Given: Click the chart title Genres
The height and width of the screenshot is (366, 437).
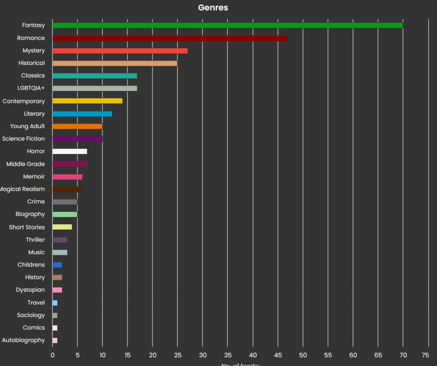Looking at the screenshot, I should pyautogui.click(x=213, y=8).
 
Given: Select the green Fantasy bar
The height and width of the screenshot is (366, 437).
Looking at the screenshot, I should pyautogui.click(x=227, y=25).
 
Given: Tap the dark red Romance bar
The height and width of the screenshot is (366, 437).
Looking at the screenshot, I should pyautogui.click(x=170, y=38).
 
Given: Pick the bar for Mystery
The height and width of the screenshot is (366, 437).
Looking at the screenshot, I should pyautogui.click(x=120, y=51).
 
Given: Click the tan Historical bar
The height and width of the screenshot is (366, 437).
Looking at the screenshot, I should pyautogui.click(x=115, y=63).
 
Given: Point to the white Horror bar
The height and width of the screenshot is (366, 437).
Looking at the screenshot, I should pyautogui.click(x=70, y=151).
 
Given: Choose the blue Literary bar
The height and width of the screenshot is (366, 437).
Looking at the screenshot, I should pyautogui.click(x=82, y=114).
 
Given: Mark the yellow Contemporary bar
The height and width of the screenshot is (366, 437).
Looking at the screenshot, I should pyautogui.click(x=87, y=101).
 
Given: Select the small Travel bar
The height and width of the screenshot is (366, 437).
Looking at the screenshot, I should pyautogui.click(x=55, y=303).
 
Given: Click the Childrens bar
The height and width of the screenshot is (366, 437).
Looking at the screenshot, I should pyautogui.click(x=57, y=265).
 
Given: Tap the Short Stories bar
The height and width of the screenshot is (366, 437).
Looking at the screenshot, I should pyautogui.click(x=62, y=227).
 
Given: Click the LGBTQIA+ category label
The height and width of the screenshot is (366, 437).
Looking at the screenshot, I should pyautogui.click(x=28, y=88).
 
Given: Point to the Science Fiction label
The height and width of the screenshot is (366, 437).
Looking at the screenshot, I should pyautogui.click(x=23, y=138).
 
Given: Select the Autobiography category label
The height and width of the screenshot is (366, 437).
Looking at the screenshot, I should pyautogui.click(x=23, y=340).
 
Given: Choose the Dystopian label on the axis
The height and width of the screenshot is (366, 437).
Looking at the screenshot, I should pyautogui.click(x=30, y=290).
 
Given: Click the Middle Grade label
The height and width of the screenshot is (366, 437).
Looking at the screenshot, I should pyautogui.click(x=26, y=164).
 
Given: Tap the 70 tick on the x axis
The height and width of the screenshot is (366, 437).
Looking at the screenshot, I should pyautogui.click(x=403, y=354).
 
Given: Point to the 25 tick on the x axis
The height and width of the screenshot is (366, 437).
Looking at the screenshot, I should pyautogui.click(x=178, y=354).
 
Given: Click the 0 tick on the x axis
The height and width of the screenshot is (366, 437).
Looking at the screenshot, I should pyautogui.click(x=52, y=354).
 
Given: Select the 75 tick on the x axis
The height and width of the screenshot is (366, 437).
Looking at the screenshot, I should pyautogui.click(x=425, y=354).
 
